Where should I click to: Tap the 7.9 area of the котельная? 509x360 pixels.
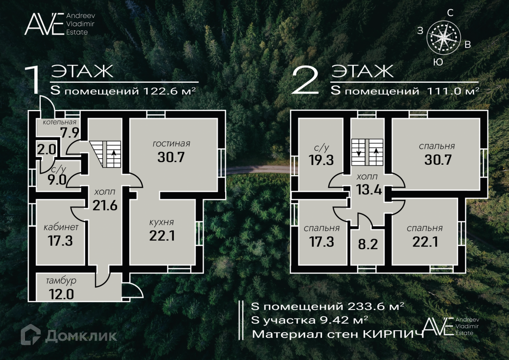[70, 133]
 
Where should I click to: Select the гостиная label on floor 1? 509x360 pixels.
[171, 144]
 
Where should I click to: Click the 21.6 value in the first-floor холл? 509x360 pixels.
[105, 205]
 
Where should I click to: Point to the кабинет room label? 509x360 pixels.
[61, 227]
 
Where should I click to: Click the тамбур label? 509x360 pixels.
[61, 281]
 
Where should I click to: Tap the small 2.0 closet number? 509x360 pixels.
[46, 149]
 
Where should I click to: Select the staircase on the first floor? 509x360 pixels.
[105, 154]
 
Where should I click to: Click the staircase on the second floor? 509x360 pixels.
[367, 152]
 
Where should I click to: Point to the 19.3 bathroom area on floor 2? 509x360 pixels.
[321, 160]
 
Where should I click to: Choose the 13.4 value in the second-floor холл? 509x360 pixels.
[369, 189]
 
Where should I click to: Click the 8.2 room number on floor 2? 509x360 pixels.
[368, 244]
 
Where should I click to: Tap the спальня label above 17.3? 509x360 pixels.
[322, 228]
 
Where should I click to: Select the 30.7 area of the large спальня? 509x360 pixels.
[438, 160]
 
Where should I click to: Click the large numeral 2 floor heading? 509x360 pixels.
[305, 79]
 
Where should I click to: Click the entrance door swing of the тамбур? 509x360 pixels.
[133, 290]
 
